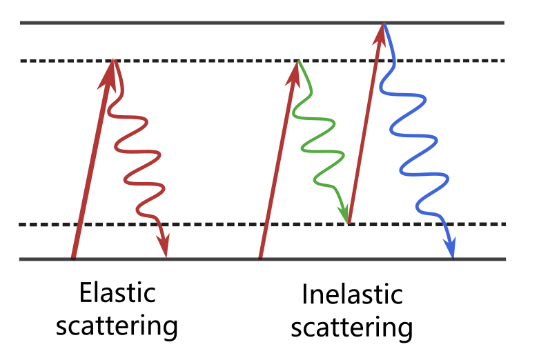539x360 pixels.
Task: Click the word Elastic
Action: [x=117, y=293]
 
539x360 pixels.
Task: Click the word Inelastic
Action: [x=352, y=295]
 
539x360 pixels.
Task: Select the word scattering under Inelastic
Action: [x=352, y=327]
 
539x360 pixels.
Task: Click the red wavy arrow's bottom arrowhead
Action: [x=163, y=244]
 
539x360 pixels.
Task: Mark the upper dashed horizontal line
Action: [x=207, y=61]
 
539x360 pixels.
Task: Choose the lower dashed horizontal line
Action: [x=207, y=225]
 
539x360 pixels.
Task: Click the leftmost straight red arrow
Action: [x=91, y=166]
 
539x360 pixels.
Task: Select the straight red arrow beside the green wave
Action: [x=277, y=166]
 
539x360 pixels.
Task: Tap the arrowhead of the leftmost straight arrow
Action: [x=109, y=73]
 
